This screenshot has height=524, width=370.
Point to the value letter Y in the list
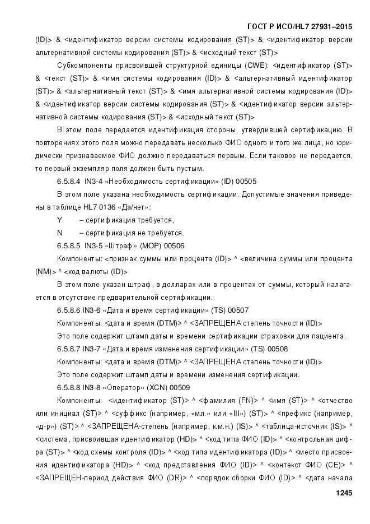pos(59,220)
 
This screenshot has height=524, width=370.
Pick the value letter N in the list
pos(59,233)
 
